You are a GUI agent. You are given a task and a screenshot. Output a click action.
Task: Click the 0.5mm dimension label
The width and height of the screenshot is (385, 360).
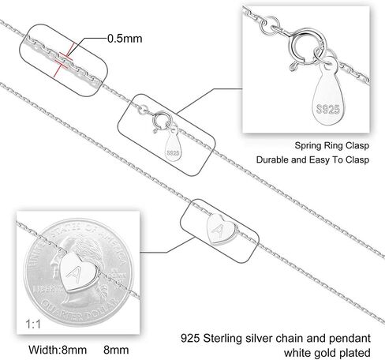click(125, 39)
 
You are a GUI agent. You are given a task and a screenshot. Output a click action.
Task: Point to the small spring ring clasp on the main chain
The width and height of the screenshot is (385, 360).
click(161, 121)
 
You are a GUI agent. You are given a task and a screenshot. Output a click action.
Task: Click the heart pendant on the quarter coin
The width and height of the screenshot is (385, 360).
click(79, 272)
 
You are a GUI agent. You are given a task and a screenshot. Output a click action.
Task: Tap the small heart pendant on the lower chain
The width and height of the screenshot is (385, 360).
click(220, 229)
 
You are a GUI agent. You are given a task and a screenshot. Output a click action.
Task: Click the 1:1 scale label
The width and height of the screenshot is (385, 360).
click(33, 324)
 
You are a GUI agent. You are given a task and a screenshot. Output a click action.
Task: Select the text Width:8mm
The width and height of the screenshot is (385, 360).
click(58, 350)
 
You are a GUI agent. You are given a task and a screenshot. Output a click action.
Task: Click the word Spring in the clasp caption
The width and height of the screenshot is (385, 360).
click(307, 146)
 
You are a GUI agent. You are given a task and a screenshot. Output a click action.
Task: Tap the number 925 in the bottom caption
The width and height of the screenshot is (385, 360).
click(190, 338)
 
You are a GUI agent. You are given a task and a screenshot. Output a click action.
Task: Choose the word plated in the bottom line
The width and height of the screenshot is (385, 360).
click(355, 353)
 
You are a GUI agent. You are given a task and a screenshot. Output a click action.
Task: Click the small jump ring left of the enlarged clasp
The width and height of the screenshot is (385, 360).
click(269, 25)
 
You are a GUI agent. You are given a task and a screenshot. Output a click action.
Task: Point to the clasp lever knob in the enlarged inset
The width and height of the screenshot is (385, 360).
click(293, 67)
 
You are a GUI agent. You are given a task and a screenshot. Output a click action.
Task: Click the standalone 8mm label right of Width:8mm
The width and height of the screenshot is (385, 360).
click(116, 350)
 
